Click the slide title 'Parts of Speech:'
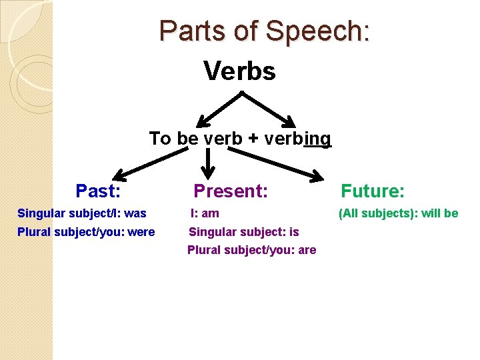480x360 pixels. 265,31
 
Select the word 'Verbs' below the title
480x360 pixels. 239,71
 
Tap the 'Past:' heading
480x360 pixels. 98,191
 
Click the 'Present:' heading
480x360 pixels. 231,191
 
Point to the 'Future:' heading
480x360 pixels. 373,191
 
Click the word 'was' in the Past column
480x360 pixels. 135,214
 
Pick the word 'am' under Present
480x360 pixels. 211,214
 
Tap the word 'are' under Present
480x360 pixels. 307,251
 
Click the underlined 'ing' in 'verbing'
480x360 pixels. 317,139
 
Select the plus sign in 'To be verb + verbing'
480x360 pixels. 254,139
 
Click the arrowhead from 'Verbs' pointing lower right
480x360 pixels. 288,122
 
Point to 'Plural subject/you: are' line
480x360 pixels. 251,251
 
